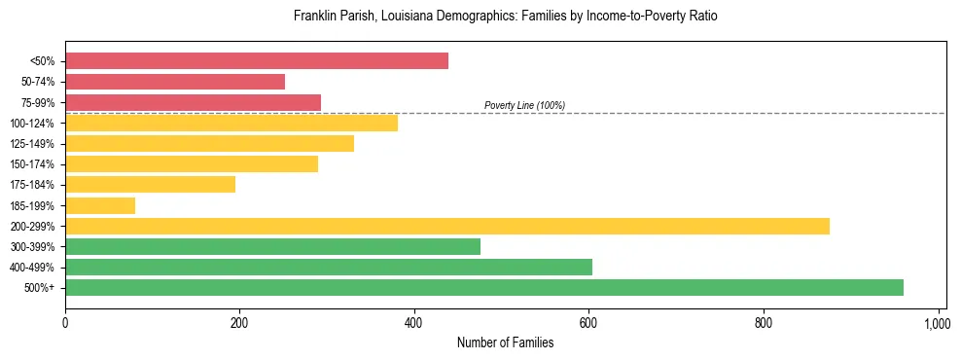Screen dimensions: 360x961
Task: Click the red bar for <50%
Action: point(257,61)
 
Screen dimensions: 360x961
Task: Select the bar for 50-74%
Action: point(175,82)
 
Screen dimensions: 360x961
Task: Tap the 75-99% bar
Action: point(193,102)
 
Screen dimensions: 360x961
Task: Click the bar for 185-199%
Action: point(100,205)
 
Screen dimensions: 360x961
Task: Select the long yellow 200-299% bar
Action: point(447,226)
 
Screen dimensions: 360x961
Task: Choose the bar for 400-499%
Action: point(329,267)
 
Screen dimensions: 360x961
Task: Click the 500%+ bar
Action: point(484,287)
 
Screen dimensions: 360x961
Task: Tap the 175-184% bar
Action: point(150,185)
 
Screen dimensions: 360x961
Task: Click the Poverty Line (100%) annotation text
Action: point(524,105)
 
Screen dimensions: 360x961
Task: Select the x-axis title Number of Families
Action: point(505,342)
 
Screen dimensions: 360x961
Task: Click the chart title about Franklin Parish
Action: point(505,17)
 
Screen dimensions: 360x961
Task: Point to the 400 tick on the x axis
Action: point(414,322)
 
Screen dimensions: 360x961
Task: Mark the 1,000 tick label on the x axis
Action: point(937,322)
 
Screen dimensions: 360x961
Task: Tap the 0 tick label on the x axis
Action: point(65,322)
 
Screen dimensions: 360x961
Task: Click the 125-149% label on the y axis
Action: point(32,144)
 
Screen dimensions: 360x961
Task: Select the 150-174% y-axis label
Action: point(32,164)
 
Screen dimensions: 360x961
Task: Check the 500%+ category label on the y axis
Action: point(40,288)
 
